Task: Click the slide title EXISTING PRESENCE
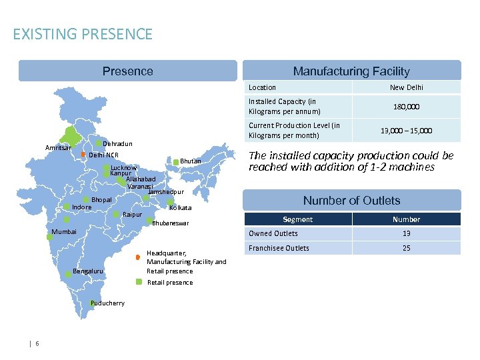[83, 34]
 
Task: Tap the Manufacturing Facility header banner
[351, 71]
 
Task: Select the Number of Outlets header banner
[351, 200]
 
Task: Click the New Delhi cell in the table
[406, 87]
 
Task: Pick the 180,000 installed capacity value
[406, 106]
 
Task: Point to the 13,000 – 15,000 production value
[406, 130]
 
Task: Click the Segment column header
[297, 219]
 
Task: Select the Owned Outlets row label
[273, 233]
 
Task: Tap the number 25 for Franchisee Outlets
[406, 248]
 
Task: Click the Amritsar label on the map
[57, 147]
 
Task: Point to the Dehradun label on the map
[117, 143]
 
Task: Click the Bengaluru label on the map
[88, 271]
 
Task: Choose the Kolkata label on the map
[180, 208]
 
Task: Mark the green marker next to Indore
[67, 207]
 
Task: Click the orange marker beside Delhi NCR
[83, 155]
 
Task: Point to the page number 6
[37, 343]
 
